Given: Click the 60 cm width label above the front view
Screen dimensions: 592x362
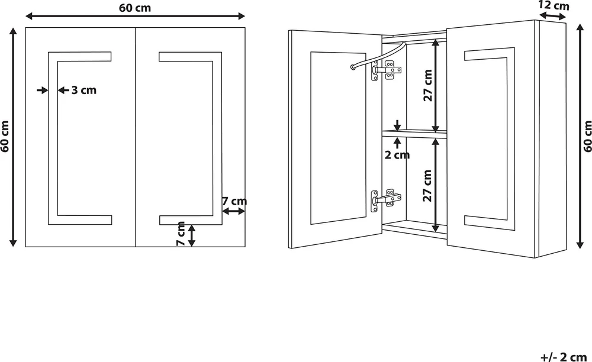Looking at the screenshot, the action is click(135, 8).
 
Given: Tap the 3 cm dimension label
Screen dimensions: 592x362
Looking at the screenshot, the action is click(84, 90).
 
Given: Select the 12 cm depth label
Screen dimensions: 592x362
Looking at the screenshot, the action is click(554, 5).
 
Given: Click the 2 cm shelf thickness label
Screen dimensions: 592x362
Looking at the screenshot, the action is click(397, 155).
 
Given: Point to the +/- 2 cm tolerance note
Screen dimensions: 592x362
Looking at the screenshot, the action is click(564, 357).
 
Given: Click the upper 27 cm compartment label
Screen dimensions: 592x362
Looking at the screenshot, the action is click(427, 85).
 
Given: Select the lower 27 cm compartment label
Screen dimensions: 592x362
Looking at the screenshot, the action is click(427, 186).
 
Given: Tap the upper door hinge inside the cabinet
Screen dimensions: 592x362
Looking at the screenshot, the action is click(386, 71).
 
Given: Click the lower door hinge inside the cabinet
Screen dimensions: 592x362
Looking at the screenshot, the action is click(386, 199).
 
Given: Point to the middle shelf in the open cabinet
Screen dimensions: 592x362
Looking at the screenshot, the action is click(414, 134).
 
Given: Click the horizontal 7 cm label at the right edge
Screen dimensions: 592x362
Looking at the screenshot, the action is click(234, 201).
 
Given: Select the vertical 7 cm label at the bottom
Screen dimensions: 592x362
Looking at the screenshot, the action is click(181, 234).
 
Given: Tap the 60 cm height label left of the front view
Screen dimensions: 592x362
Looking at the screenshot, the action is click(5, 137).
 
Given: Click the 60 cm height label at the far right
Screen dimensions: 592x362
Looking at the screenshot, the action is click(587, 137).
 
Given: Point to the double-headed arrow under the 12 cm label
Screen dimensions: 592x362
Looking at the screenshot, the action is click(552, 16).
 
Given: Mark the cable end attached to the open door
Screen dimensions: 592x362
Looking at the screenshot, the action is click(353, 67).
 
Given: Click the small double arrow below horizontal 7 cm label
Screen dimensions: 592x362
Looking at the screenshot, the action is click(233, 212).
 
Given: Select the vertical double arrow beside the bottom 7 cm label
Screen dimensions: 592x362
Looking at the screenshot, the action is click(192, 235).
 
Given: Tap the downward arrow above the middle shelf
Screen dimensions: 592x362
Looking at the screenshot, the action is click(397, 125).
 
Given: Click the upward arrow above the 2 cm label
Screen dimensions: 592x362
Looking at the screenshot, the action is click(397, 144).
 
